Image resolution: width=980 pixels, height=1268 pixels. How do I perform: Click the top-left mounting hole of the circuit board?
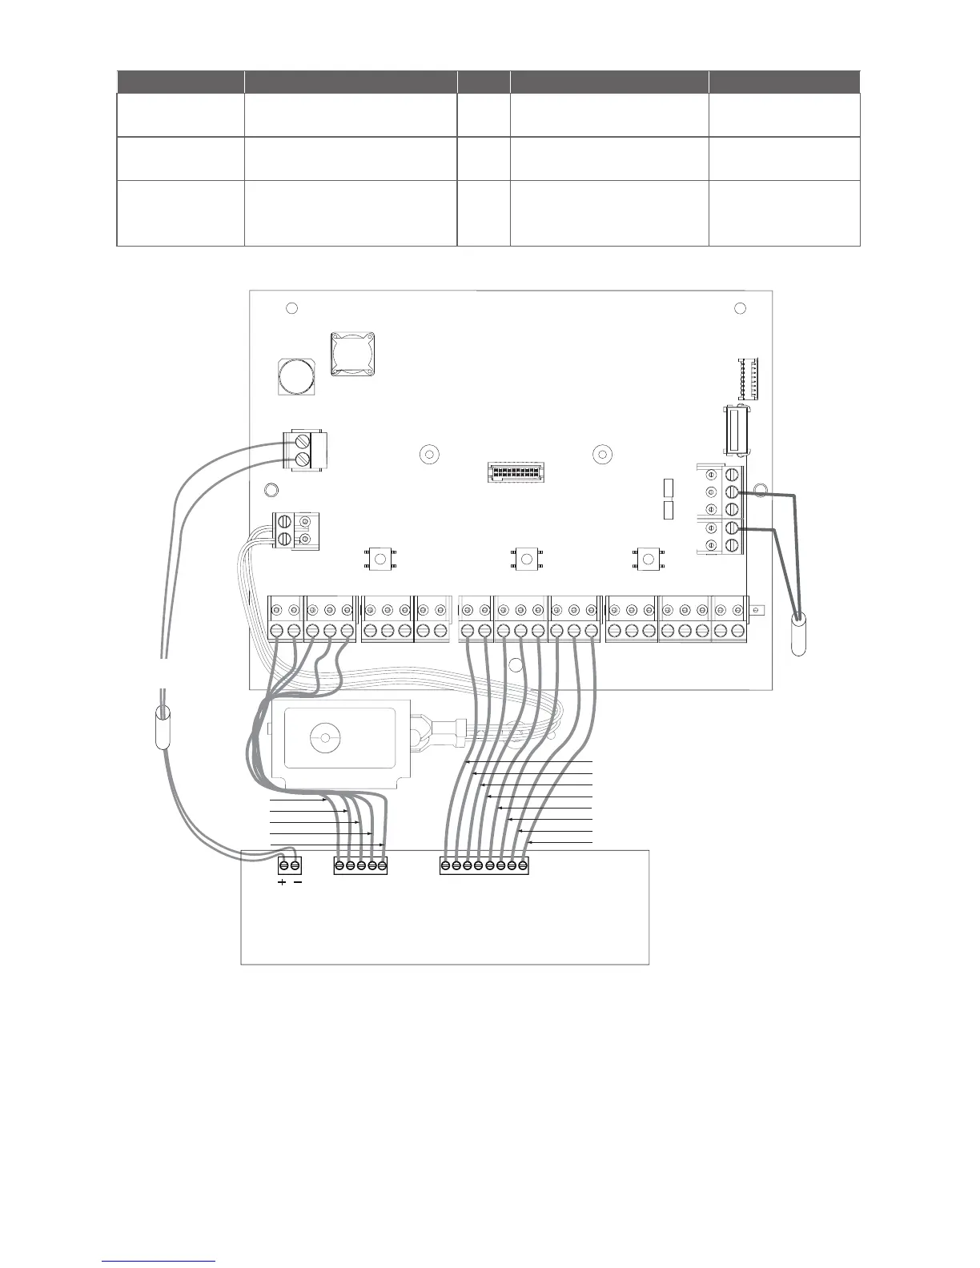[x=291, y=308]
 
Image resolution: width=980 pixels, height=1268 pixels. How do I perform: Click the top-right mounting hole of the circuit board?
[x=740, y=308]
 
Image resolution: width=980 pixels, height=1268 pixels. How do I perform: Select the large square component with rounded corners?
[x=351, y=354]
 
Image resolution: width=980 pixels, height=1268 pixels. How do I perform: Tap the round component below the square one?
[x=295, y=376]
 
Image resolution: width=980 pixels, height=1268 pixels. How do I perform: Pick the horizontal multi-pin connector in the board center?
[x=515, y=472]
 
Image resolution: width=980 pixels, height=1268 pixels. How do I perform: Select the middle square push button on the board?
[x=525, y=557]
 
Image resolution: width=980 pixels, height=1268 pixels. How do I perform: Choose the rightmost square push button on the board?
[x=645, y=557]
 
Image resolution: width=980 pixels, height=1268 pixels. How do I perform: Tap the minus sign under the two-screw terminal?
[x=298, y=883]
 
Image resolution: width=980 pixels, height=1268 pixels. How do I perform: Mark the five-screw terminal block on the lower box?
[x=360, y=866]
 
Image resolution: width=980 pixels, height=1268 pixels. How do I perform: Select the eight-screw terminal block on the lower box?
[x=484, y=866]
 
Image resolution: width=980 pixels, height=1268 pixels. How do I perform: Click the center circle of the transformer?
[x=324, y=738]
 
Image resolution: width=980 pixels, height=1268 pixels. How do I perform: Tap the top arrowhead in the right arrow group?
[x=468, y=764]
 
